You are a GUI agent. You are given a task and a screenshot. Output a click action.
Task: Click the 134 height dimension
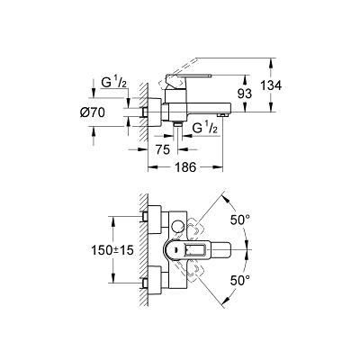tap(271, 85)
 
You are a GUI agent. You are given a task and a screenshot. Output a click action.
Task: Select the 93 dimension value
tap(245, 94)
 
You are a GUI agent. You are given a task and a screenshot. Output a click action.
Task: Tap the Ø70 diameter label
tap(93, 112)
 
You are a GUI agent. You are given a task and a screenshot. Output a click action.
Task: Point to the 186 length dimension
tap(184, 167)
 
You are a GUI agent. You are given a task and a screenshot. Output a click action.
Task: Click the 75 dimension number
tap(163, 149)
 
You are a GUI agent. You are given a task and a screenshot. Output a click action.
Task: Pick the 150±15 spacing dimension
tap(112, 249)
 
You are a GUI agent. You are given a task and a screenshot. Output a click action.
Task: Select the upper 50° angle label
tap(239, 220)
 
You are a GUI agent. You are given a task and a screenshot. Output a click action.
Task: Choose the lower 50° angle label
tap(239, 281)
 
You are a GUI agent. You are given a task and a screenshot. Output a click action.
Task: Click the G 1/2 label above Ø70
tap(113, 83)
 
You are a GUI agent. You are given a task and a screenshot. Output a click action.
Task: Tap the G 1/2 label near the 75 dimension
tap(205, 129)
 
